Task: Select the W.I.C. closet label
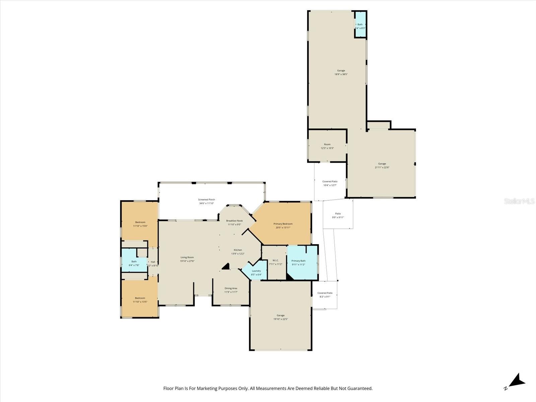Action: point(276,260)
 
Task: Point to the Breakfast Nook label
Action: point(234,221)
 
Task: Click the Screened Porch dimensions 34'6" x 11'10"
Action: point(206,203)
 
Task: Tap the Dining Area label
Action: point(231,288)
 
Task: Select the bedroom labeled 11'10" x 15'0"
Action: point(140,224)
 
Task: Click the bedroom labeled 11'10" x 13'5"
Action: point(140,300)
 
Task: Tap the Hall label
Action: point(153,262)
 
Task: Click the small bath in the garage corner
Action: point(360,25)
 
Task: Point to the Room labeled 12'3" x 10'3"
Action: point(327,146)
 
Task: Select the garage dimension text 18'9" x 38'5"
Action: point(341,74)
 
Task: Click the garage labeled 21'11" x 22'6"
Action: point(382,165)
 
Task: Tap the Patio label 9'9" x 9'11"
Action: point(338,215)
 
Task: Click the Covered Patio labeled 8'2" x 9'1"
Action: point(325,295)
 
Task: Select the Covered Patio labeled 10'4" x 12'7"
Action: point(330,183)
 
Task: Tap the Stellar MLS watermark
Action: point(520,201)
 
